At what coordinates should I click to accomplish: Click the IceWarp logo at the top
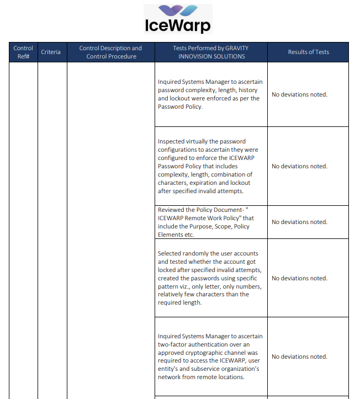coord(177,19)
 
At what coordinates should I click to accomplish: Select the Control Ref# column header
coord(23,52)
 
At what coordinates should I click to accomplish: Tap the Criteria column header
coord(51,52)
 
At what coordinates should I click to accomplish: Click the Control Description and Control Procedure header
coord(110,52)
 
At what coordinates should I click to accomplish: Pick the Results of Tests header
coord(308,52)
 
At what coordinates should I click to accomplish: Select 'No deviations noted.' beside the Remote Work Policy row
coord(299,222)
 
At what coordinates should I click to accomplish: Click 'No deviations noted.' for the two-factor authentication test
coord(299,357)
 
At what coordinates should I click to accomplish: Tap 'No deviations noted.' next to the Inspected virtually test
coord(299,166)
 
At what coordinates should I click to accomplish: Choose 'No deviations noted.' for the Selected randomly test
coord(299,278)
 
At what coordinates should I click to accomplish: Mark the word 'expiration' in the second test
coord(209,183)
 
